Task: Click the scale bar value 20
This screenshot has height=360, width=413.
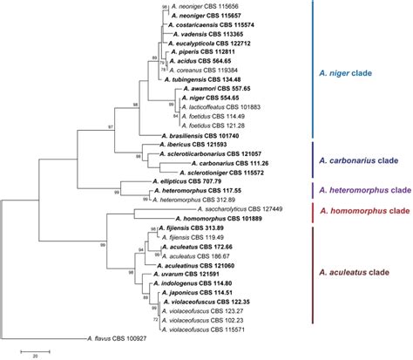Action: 36,356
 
